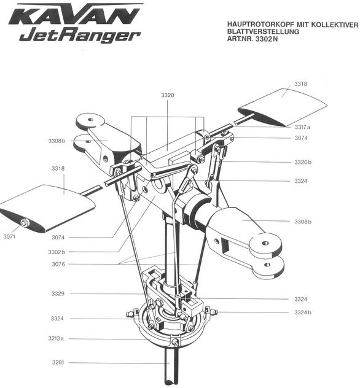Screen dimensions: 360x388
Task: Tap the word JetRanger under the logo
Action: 80,36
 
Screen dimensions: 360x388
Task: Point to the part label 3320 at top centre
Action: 168,95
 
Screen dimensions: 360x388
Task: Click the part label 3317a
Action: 302,127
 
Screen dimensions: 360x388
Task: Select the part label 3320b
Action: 302,162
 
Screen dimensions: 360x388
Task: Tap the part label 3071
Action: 9,237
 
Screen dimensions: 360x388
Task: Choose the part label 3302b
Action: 57,252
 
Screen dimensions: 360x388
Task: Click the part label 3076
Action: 58,264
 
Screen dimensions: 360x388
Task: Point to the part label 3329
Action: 58,293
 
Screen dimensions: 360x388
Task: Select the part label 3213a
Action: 56,338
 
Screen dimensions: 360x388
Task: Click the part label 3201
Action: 58,363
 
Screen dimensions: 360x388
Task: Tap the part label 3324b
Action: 302,312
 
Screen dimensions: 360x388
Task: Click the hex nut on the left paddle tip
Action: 24,223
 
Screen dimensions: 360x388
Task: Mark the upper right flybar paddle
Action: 283,107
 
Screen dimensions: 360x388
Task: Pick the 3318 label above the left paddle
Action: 58,169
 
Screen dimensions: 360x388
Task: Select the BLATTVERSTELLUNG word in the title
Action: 263,32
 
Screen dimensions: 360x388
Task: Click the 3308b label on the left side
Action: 57,141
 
